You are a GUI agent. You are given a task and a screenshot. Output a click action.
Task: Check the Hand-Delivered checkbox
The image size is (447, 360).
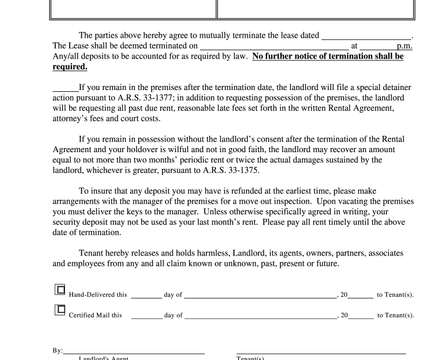pyautogui.click(x=59, y=290)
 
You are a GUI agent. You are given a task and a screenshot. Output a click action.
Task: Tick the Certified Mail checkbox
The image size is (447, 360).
pyautogui.click(x=59, y=311)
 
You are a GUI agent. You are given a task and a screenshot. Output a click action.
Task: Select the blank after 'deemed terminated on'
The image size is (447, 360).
pyautogui.click(x=273, y=46)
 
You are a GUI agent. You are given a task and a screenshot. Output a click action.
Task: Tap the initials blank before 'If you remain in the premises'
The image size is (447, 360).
pyautogui.click(x=65, y=89)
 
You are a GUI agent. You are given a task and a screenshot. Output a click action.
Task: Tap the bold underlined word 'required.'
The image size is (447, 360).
pyautogui.click(x=70, y=67)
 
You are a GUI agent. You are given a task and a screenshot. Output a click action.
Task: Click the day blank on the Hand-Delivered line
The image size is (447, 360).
pyautogui.click(x=146, y=295)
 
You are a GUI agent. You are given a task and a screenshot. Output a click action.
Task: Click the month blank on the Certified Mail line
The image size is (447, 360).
pyautogui.click(x=260, y=316)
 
